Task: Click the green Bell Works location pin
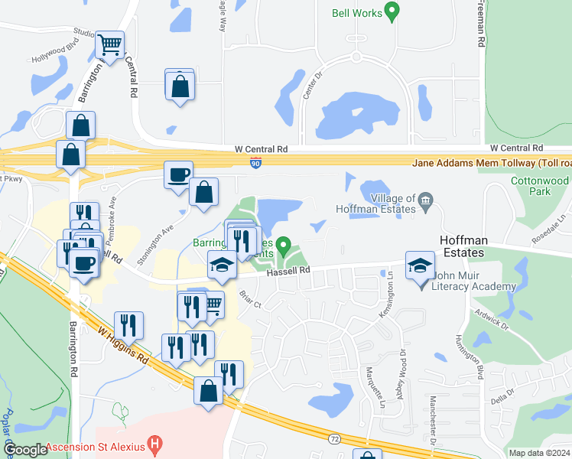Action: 392,11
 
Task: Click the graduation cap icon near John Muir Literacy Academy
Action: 420,265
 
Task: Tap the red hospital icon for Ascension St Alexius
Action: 156,442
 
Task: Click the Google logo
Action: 25,450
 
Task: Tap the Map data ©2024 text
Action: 540,453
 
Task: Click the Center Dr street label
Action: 310,89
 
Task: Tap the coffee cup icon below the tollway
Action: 179,174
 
